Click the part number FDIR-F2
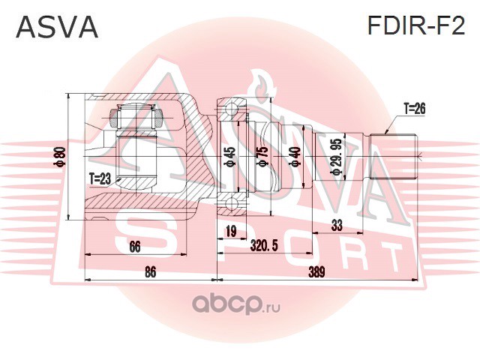[416, 25]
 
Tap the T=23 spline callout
[100, 178]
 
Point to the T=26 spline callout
[415, 108]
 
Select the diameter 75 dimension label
[262, 157]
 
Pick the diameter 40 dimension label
[295, 156]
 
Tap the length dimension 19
[231, 231]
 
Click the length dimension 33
[337, 226]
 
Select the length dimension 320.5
[264, 246]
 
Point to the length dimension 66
[135, 247]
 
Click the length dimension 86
[150, 272]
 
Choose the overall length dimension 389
[316, 272]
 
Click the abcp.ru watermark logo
[235, 305]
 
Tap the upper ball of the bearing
[232, 109]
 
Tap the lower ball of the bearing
[232, 204]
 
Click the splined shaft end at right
[394, 157]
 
